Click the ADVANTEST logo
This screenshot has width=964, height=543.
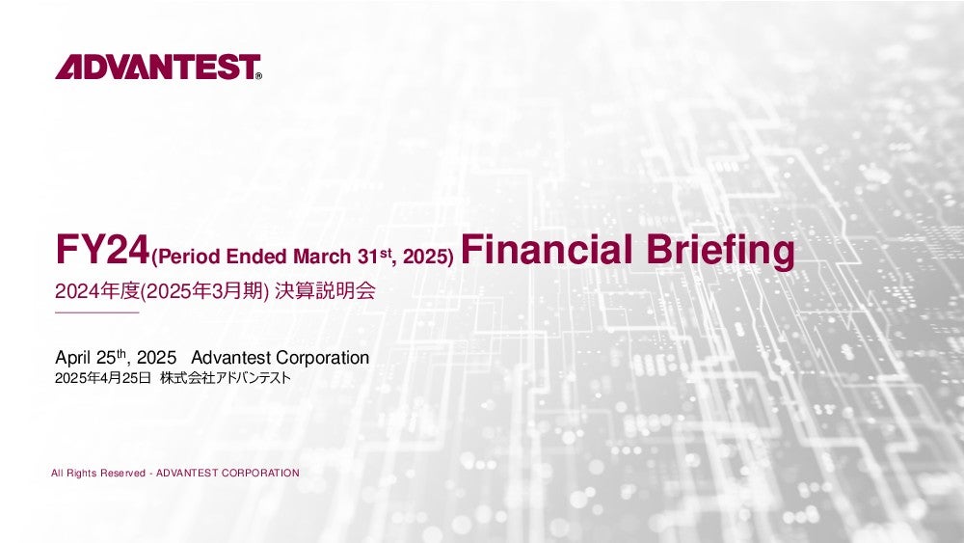pos(158,67)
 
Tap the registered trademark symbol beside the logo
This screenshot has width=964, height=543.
pos(258,75)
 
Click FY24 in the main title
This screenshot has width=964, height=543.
pos(103,250)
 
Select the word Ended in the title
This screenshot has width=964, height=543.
pos(256,257)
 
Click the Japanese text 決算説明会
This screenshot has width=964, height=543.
pos(325,291)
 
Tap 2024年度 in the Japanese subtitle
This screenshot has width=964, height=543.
pos(97,291)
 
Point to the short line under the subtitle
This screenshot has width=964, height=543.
pos(97,312)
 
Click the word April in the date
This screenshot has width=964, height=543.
pos(73,358)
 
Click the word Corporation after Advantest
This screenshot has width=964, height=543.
pos(323,358)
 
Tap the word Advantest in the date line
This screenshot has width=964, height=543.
pos(231,357)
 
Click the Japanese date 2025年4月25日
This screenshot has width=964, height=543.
pos(103,378)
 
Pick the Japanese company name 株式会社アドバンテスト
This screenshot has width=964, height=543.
pos(225,378)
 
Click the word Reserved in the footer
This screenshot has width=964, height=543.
pos(122,473)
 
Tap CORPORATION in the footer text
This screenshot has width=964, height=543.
pos(260,473)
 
